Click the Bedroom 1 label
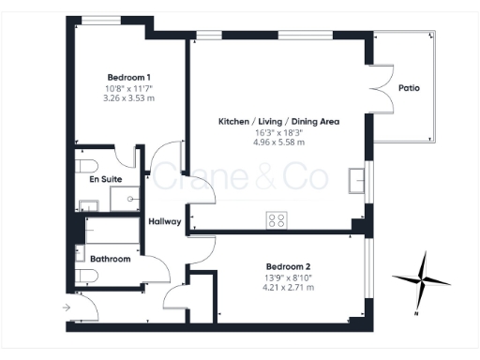(x=129, y=76)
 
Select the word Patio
(x=409, y=88)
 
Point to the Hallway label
(x=164, y=221)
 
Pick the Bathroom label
(x=111, y=258)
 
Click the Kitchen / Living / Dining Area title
(x=278, y=122)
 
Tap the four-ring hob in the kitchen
(x=277, y=220)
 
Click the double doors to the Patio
(x=382, y=88)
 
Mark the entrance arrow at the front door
(x=66, y=307)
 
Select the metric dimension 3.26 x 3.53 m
(x=129, y=97)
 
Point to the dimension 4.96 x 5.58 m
(x=278, y=142)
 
